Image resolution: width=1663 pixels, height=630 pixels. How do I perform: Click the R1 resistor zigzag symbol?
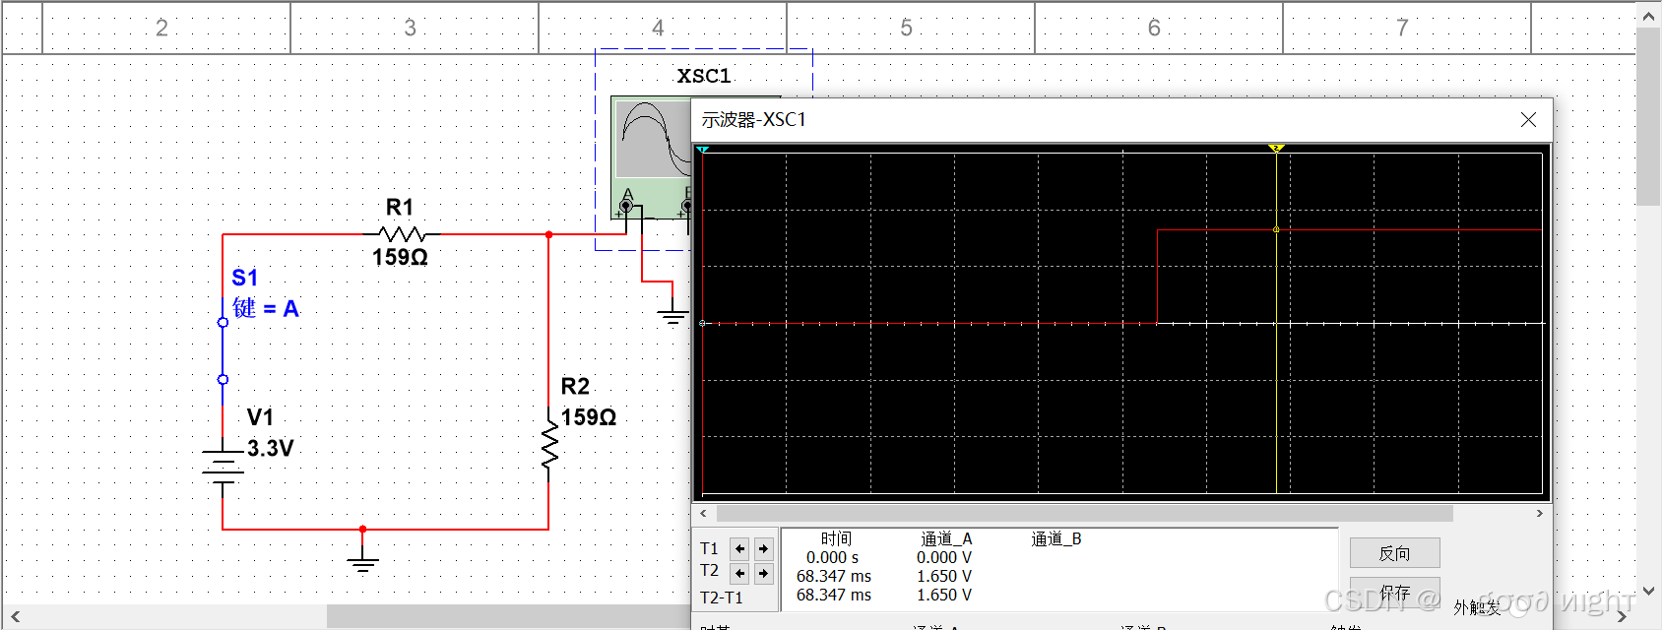(401, 234)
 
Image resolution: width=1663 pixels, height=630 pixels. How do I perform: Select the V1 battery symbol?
(224, 463)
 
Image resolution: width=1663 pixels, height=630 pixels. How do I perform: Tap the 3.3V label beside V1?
(271, 449)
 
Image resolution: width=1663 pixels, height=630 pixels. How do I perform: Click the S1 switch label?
(244, 279)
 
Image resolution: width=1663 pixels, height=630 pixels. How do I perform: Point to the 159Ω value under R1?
(400, 258)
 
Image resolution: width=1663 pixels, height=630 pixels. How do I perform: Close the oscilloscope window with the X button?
(1528, 120)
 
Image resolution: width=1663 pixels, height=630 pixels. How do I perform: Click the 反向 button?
(1394, 553)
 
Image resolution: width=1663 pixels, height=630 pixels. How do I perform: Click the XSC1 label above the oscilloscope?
(704, 76)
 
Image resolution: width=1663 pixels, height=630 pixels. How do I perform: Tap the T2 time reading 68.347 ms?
(834, 576)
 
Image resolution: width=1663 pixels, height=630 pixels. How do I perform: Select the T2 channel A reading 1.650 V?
(944, 576)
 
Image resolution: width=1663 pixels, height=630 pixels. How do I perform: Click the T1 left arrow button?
(739, 549)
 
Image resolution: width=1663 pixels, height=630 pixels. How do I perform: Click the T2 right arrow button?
(763, 573)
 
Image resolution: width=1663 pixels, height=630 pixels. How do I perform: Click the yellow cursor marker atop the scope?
(1276, 149)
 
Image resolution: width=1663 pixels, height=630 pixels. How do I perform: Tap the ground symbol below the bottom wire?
(362, 563)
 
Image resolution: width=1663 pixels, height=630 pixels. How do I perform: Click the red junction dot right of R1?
(548, 235)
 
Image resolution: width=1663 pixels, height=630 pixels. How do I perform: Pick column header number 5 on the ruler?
(906, 28)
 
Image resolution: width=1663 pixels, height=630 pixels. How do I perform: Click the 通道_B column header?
(1056, 539)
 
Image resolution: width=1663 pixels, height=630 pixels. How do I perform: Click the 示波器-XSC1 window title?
(753, 120)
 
